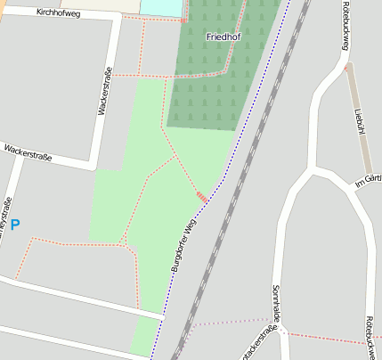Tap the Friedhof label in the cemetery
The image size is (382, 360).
coord(223,37)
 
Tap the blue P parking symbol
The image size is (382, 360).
coord(14,225)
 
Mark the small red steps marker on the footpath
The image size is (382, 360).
coord(202,196)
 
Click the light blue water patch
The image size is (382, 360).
coord(160,6)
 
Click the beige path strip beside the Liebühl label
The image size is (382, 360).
coord(352,98)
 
